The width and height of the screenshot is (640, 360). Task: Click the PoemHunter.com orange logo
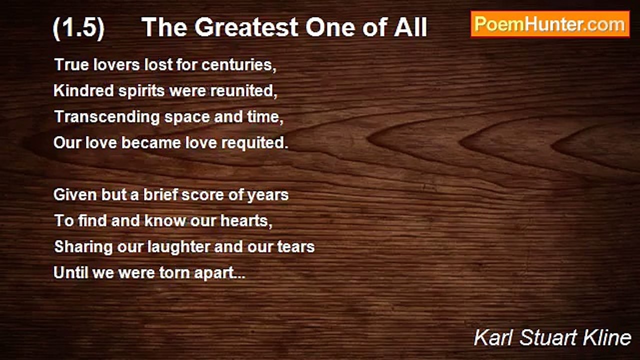click(550, 24)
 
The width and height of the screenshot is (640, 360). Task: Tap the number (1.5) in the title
click(78, 28)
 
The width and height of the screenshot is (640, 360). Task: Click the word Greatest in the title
click(247, 28)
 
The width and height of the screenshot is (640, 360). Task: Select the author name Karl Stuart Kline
click(552, 337)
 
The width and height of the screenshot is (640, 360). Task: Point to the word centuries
click(239, 65)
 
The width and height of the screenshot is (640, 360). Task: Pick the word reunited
click(243, 91)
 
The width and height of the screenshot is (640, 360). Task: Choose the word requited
click(255, 143)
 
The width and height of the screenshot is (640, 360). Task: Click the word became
click(151, 142)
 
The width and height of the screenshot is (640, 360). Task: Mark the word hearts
click(246, 221)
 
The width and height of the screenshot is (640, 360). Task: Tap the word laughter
click(178, 247)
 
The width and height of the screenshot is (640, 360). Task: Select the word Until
click(71, 272)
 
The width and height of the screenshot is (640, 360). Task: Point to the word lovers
click(116, 64)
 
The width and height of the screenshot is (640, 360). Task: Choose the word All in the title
click(410, 27)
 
